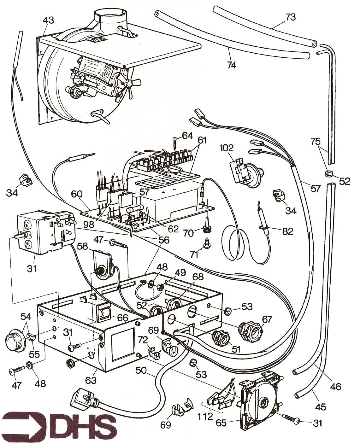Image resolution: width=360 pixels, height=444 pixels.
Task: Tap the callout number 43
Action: click(49, 20)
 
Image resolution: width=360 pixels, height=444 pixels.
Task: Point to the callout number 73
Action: click(290, 17)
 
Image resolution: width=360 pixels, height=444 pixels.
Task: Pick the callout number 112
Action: click(205, 417)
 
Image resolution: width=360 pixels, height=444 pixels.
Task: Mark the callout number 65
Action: click(221, 423)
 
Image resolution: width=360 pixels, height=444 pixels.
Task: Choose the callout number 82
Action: click(287, 232)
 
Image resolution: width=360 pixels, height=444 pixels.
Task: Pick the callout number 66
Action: click(123, 318)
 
